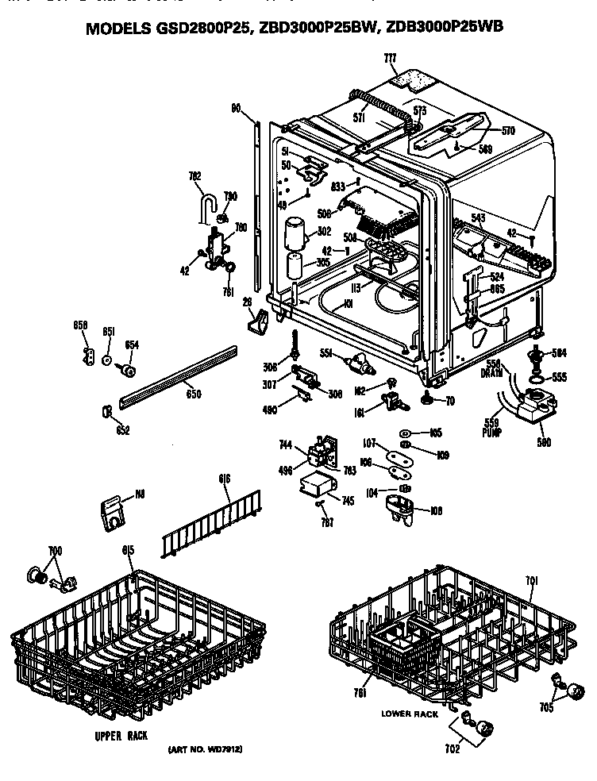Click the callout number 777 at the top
pos(390,59)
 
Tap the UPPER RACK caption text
pos(121,736)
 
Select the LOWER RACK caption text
pos(409,714)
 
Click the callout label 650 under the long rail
pos(193,394)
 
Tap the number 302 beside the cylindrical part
pos(324,232)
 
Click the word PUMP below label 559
pos(491,434)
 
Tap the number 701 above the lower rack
pos(531,581)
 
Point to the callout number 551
pos(325,352)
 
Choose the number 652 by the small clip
pos(121,430)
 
